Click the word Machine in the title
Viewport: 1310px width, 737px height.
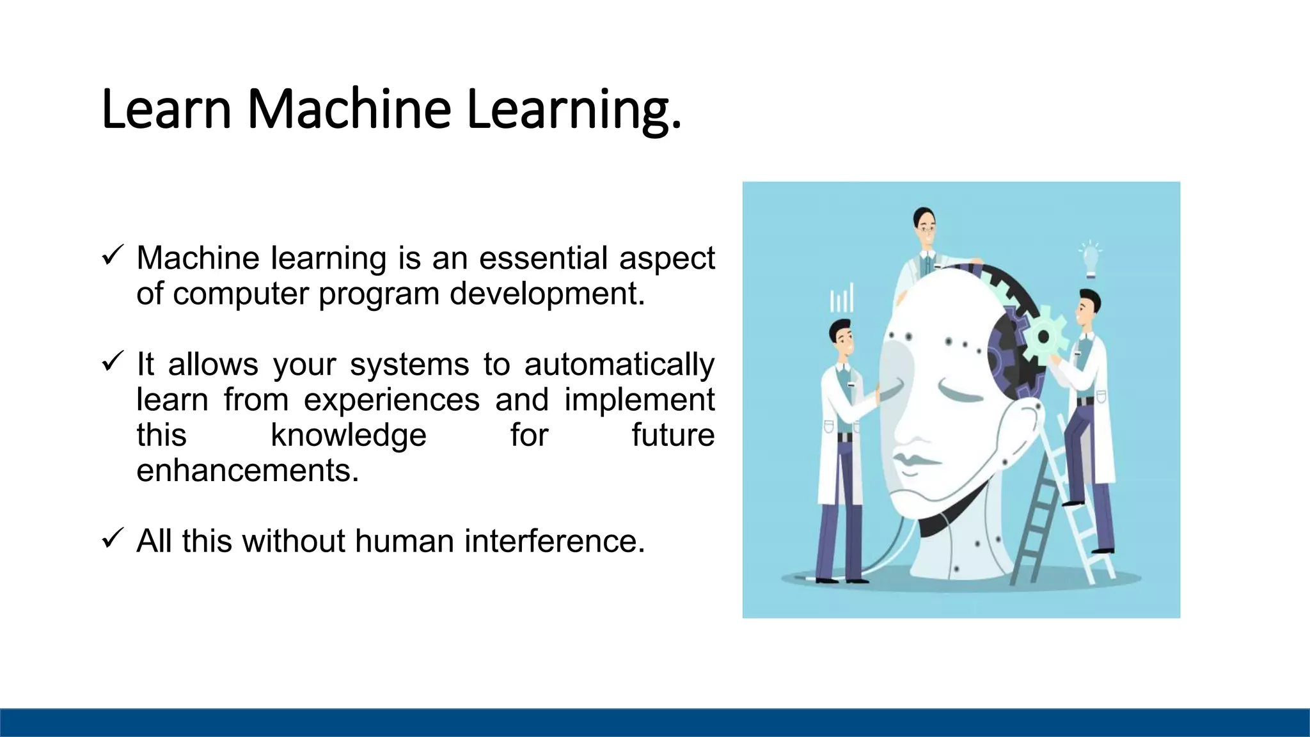pos(349,109)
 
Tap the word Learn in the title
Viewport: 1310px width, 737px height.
pos(166,109)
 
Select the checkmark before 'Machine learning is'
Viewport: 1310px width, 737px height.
pos(111,257)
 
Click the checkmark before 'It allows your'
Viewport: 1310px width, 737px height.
pos(111,363)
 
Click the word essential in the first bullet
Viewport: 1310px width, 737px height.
pos(543,258)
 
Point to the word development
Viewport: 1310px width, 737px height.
pos(547,294)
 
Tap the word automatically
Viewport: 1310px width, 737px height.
pos(619,365)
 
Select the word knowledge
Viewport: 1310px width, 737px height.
pos(349,436)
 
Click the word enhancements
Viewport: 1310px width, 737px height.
pos(248,471)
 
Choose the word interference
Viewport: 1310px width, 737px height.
pos(555,541)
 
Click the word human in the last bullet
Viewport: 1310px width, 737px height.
pos(405,541)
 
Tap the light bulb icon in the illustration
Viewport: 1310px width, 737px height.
pos(1091,259)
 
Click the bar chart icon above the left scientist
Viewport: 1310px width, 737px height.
pos(842,298)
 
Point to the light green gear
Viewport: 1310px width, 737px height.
pos(1043,335)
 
